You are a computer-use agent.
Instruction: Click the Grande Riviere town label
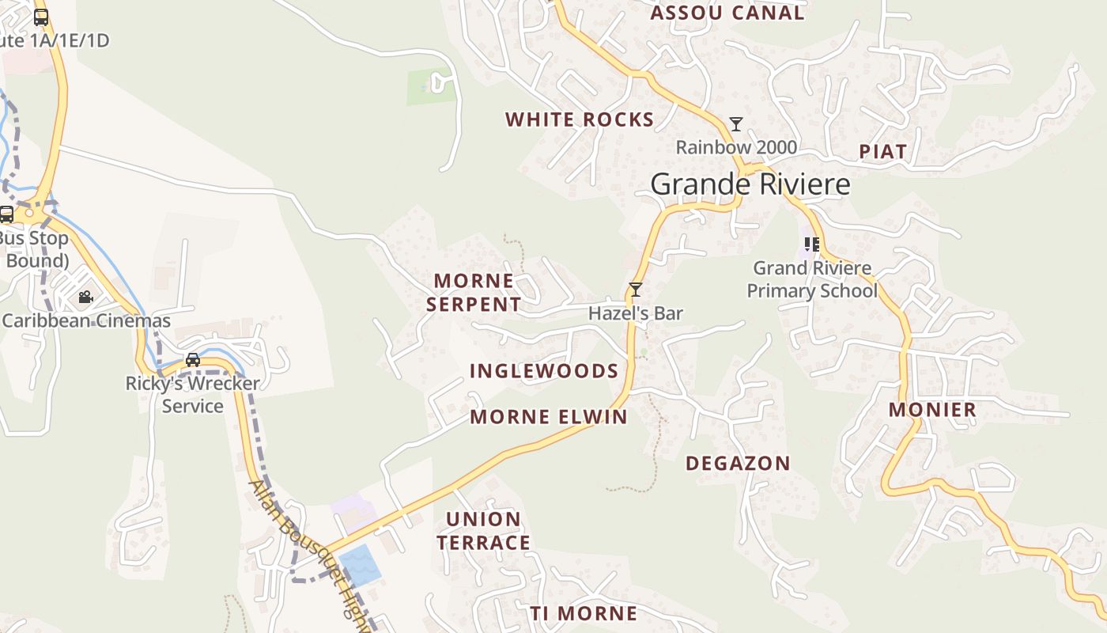tap(750, 184)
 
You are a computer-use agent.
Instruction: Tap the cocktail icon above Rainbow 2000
tap(736, 124)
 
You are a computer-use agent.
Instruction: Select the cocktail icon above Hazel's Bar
tap(635, 290)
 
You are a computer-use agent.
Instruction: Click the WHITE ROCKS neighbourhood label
tap(580, 119)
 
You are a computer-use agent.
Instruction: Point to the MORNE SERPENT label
tap(474, 292)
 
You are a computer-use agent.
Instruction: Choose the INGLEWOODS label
tap(544, 370)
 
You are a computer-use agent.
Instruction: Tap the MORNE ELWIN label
tap(549, 417)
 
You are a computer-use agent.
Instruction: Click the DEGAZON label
tap(738, 464)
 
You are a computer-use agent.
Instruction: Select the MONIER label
tap(932, 409)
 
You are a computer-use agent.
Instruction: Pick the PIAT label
tap(882, 151)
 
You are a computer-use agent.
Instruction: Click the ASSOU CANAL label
tap(727, 13)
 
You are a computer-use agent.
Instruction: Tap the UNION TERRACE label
tap(484, 531)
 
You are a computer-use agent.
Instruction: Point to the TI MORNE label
tap(584, 613)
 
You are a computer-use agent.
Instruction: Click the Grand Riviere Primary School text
tap(812, 279)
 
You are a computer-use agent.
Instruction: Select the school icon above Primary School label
tap(811, 244)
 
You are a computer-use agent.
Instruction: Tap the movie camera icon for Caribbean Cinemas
tap(85, 298)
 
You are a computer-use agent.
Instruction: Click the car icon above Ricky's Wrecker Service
tap(192, 360)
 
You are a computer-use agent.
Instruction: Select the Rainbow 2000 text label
tap(736, 147)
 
